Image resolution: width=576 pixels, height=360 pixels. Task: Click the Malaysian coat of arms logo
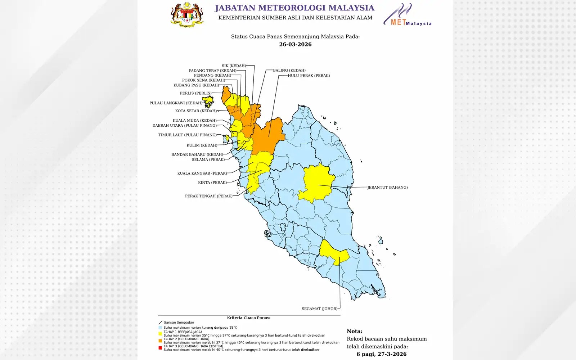click(187, 15)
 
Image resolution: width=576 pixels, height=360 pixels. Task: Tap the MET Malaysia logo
click(407, 15)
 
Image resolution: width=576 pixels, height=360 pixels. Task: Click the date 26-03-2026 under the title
click(295, 44)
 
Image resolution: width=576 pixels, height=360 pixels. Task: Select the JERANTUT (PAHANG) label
click(387, 187)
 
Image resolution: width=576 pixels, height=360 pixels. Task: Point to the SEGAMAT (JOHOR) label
click(319, 309)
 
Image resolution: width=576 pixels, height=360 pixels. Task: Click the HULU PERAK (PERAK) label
click(309, 76)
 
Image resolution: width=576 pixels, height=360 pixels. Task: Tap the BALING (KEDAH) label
click(289, 70)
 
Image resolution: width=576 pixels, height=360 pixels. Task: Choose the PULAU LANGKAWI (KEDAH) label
click(176, 103)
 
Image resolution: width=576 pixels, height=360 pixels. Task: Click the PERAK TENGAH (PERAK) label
click(208, 196)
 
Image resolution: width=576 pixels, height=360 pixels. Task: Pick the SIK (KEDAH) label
click(234, 66)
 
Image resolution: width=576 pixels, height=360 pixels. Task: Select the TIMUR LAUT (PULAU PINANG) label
click(187, 135)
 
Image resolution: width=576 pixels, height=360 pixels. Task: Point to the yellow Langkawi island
click(208, 102)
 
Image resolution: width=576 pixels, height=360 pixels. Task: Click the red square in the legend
click(160, 348)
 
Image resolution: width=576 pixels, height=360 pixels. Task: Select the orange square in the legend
click(160, 341)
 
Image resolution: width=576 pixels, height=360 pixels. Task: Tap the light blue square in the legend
click(160, 328)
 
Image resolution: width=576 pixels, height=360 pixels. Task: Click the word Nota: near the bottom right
click(354, 331)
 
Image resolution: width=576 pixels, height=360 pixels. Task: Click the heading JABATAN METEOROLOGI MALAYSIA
click(294, 8)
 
